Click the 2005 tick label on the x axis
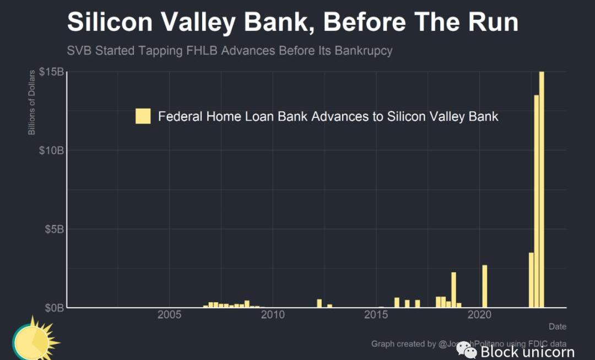169,315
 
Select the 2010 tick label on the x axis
273,315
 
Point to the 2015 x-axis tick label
376,315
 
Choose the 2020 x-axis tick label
479,315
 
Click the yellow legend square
143,116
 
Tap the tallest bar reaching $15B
542,187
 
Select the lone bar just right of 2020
485,286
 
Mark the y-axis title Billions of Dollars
32,103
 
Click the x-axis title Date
557,326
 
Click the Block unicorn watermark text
527,352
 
